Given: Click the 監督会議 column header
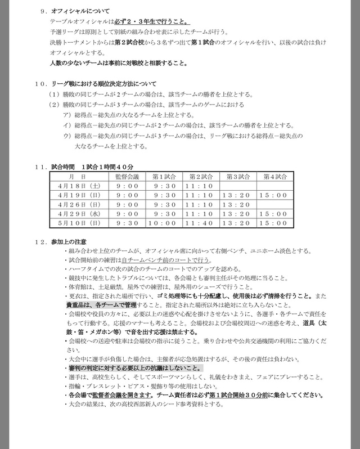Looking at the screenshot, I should (127, 177).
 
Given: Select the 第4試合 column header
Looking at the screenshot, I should (274, 177).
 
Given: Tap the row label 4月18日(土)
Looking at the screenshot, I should (71, 186).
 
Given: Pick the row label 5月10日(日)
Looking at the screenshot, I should (71, 223).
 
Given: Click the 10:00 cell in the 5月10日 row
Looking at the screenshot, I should (164, 223).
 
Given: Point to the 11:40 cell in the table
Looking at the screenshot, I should (200, 223).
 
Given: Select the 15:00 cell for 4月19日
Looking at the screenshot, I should (274, 195).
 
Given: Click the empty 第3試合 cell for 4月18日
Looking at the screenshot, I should (237, 186).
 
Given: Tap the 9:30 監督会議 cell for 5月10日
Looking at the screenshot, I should (127, 223).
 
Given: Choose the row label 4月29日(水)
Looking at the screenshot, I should (71, 214).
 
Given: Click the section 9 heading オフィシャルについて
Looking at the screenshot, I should (80, 11).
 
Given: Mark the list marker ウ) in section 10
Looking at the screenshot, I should (67, 136).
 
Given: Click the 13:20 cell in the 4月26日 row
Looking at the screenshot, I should (237, 205).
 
